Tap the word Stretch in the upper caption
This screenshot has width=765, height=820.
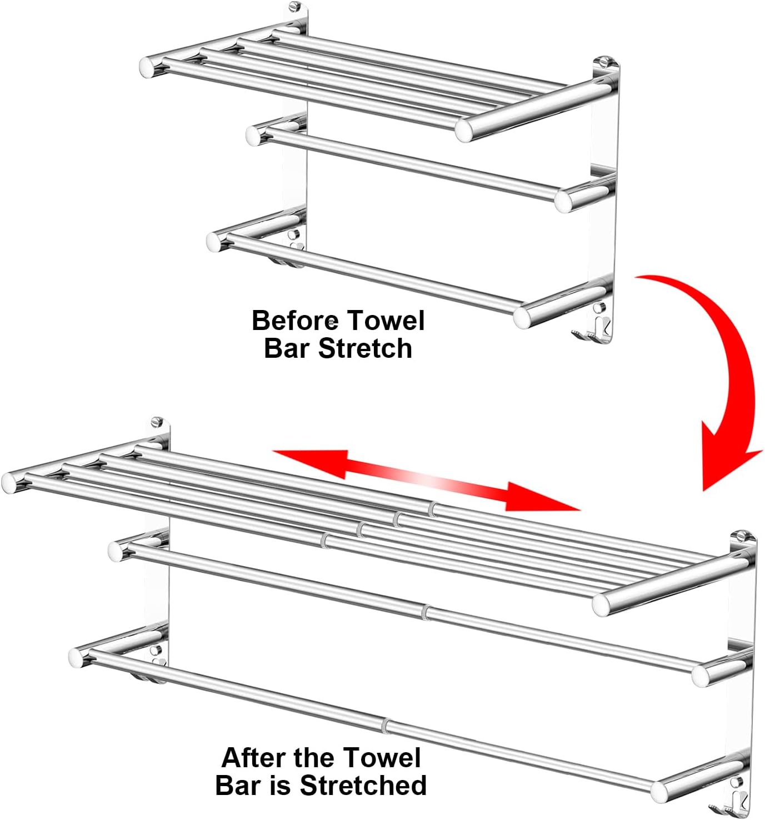[x=364, y=349]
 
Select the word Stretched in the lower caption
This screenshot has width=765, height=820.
[x=363, y=785]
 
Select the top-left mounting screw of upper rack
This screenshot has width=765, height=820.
[x=294, y=6]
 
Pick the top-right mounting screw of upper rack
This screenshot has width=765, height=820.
[x=603, y=63]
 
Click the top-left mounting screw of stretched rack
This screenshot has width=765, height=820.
[x=156, y=422]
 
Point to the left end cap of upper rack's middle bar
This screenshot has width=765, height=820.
[x=254, y=136]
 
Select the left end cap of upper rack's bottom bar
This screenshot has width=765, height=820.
[x=215, y=242]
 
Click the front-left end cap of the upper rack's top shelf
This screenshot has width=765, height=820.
[x=148, y=67]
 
